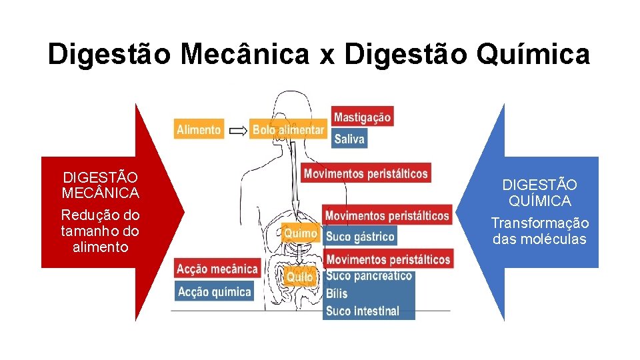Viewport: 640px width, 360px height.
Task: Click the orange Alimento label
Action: (199, 130)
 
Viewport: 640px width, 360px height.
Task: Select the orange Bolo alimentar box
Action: (288, 130)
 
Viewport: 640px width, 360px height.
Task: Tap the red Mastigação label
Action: (362, 117)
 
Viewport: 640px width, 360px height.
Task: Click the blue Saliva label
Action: (349, 139)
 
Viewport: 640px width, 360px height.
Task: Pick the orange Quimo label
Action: (300, 234)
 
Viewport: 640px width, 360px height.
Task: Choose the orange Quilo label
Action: (299, 277)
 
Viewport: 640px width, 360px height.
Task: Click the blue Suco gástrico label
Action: (360, 236)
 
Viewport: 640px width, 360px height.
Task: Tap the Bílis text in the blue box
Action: (337, 293)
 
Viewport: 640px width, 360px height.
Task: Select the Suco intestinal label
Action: (363, 311)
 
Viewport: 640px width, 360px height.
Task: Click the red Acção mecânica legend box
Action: (217, 269)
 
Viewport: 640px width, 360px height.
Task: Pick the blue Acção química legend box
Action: (215, 291)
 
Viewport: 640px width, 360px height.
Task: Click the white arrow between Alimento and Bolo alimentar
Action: (237, 131)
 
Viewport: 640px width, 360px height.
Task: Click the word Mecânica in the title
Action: (244, 55)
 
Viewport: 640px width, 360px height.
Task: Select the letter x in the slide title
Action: (327, 56)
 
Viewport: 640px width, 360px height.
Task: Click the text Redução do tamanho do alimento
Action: (101, 231)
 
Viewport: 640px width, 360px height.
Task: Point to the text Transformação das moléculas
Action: (540, 231)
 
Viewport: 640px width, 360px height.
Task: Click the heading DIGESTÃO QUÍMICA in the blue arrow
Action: (540, 193)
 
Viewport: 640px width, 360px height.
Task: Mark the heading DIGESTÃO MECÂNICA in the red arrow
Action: (101, 185)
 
